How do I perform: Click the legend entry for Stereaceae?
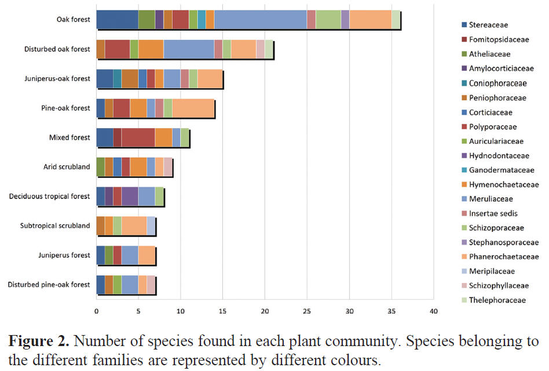pyautogui.click(x=492, y=25)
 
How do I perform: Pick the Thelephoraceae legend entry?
pyautogui.click(x=497, y=300)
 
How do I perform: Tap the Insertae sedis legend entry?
pyautogui.click(x=493, y=213)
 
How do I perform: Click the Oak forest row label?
pyautogui.click(x=73, y=19)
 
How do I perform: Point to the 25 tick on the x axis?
pyautogui.click(x=307, y=311)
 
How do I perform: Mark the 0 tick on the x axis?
pyautogui.click(x=96, y=311)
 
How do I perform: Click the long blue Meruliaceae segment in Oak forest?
pyautogui.click(x=260, y=19)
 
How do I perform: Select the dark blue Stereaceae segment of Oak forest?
pyautogui.click(x=117, y=19)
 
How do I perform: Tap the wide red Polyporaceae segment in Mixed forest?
pyautogui.click(x=138, y=137)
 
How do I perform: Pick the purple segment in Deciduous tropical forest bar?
pyautogui.click(x=130, y=196)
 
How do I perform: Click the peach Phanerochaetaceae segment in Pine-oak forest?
pyautogui.click(x=193, y=108)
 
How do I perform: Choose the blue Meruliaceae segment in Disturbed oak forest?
pyautogui.click(x=188, y=49)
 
